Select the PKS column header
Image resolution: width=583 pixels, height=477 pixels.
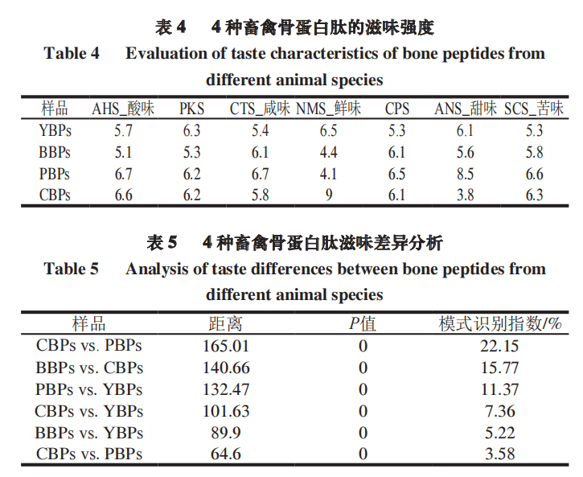(191, 109)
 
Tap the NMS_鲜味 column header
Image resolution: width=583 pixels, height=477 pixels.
(328, 109)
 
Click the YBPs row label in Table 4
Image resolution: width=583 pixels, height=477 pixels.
(55, 130)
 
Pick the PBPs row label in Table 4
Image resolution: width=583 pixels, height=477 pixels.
(55, 174)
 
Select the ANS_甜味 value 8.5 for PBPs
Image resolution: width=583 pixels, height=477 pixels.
(465, 174)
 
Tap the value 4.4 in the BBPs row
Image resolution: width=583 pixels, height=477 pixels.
(328, 152)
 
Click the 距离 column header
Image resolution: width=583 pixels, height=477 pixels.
(225, 323)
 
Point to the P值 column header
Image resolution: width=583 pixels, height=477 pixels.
(362, 323)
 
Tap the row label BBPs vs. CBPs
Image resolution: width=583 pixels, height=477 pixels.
(89, 368)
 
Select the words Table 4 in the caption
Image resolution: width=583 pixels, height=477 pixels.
(72, 54)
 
